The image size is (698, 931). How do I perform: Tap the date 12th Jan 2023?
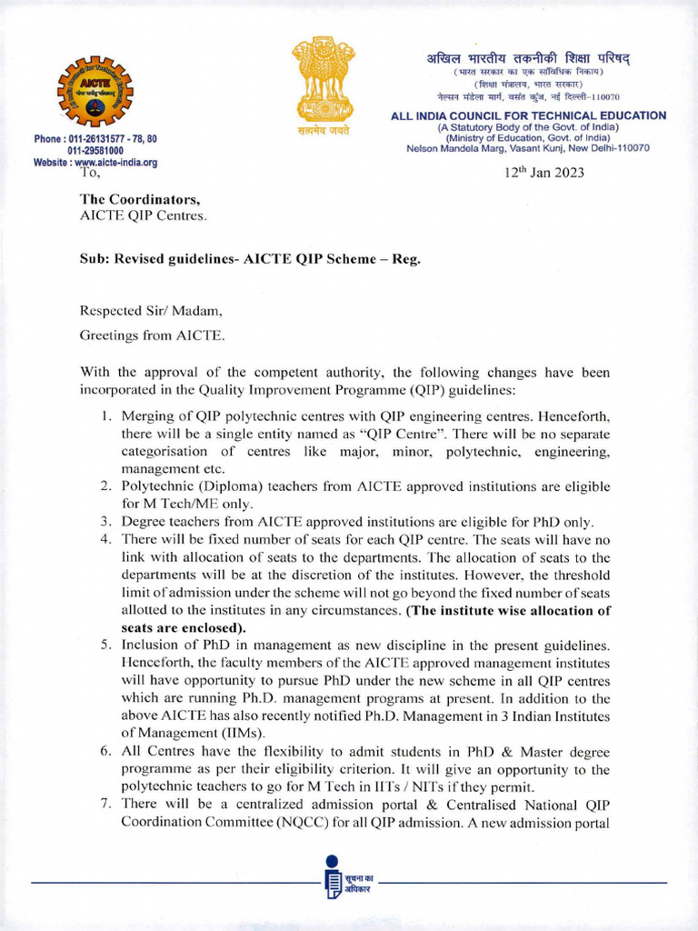(x=544, y=173)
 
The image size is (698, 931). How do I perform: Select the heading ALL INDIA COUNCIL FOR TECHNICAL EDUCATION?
(x=528, y=115)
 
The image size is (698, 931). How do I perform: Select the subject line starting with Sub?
(x=250, y=257)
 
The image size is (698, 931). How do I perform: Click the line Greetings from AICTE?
(x=153, y=335)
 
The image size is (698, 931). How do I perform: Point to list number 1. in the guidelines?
(x=106, y=417)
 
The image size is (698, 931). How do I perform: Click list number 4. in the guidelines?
(x=106, y=539)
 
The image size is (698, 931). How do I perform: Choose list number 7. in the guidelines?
(x=106, y=805)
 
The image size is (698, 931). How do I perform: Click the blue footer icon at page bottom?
(x=333, y=877)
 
